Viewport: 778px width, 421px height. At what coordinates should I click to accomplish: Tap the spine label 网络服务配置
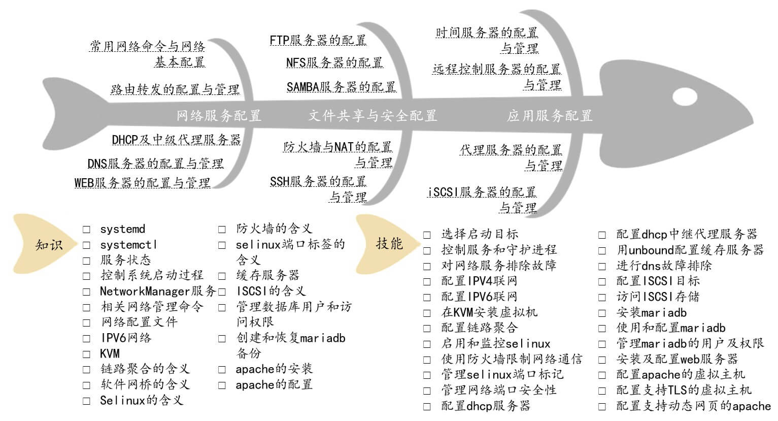click(x=219, y=116)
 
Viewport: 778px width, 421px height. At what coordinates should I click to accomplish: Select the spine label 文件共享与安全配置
click(x=373, y=116)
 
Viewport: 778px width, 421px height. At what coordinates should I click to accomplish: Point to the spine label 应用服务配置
click(x=550, y=116)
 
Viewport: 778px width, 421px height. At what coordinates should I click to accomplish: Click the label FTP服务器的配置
click(x=318, y=40)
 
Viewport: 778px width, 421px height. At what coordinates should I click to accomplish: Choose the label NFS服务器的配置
click(x=334, y=62)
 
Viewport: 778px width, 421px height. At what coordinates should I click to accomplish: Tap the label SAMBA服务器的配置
click(x=341, y=87)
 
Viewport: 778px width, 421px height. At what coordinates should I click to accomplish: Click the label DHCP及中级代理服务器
click(x=176, y=140)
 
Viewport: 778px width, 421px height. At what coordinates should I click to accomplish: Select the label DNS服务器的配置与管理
click(x=155, y=164)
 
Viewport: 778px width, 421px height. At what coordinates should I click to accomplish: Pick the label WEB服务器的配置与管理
click(x=142, y=182)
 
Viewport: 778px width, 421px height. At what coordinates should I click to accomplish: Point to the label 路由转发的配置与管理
click(x=175, y=89)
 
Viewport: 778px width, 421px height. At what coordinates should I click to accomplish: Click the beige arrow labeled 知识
click(x=48, y=245)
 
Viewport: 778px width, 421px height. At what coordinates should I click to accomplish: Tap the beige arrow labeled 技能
click(x=388, y=244)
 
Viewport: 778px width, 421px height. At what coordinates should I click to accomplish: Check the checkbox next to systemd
click(x=87, y=230)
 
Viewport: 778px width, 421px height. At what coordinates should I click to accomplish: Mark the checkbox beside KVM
click(x=87, y=354)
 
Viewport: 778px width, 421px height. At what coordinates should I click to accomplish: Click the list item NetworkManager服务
click(x=158, y=292)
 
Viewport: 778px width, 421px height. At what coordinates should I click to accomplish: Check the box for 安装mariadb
click(x=602, y=313)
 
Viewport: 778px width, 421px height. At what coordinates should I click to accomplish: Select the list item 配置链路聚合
click(x=479, y=328)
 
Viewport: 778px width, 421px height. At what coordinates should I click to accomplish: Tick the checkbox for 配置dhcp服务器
click(x=427, y=406)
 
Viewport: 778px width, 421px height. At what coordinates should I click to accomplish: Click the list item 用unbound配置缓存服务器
click(x=690, y=250)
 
